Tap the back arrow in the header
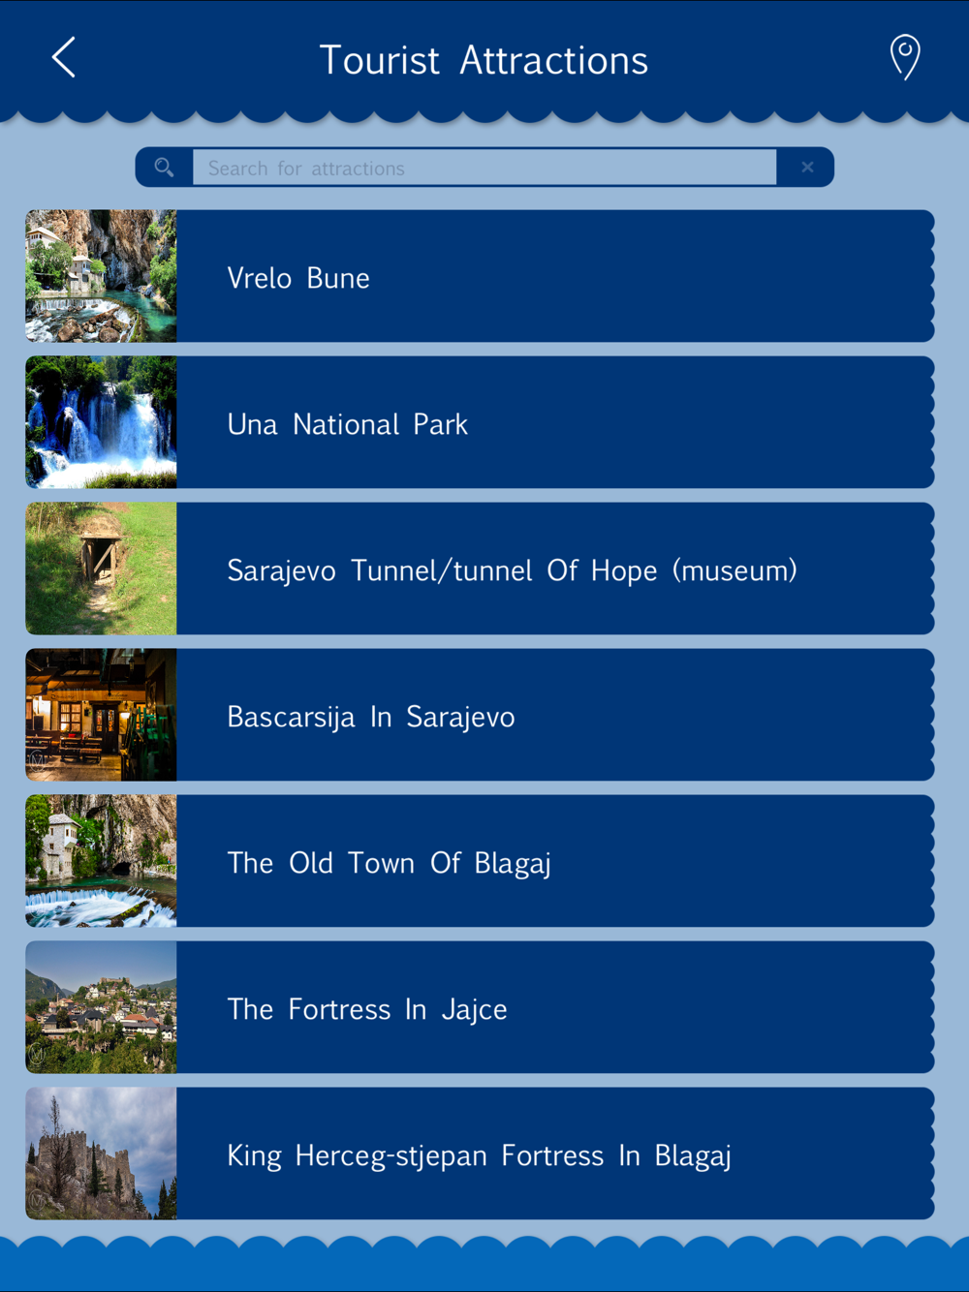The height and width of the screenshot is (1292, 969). pos(64,57)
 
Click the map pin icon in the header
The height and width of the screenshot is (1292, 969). pos(905,56)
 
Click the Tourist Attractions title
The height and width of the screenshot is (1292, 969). pos(484,60)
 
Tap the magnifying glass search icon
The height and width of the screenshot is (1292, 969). pos(164,168)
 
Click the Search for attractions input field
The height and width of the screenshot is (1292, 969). pos(484,168)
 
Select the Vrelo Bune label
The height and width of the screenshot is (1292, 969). pos(298,278)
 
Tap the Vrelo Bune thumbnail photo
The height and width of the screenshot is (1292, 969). pos(101,276)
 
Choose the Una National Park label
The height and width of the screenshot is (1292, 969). pos(347,424)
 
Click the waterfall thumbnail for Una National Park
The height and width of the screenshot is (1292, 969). pos(101,422)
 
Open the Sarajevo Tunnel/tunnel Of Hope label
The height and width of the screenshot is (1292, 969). pos(513,570)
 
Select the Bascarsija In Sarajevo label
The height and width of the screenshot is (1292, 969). pos(371,717)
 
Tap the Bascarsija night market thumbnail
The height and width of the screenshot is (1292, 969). pos(101,715)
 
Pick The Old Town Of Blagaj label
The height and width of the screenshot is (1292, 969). pos(390,864)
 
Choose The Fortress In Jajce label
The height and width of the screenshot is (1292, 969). pos(367,1009)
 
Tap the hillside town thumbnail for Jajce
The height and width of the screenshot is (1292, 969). pos(101,1007)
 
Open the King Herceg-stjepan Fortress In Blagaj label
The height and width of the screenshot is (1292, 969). pos(480,1155)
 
